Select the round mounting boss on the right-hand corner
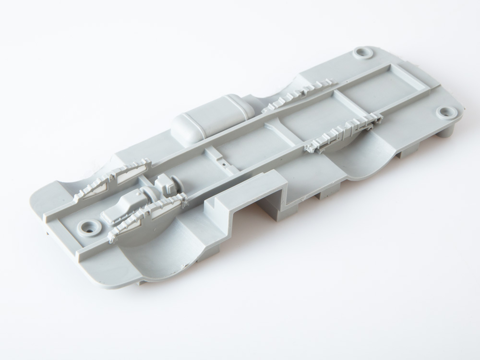coord(447,113)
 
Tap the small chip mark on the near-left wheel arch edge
coord(182,264)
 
